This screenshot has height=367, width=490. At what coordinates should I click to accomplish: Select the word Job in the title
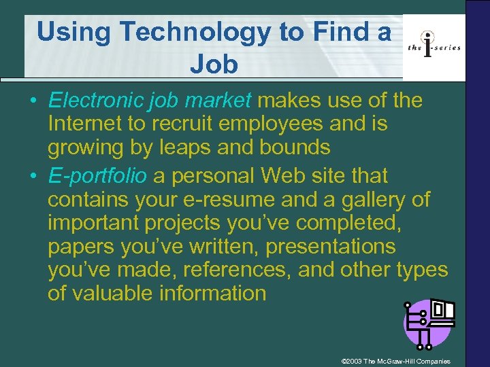point(214,64)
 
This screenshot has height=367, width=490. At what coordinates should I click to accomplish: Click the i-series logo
point(434,46)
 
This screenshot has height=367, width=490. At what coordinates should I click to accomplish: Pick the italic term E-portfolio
point(97,176)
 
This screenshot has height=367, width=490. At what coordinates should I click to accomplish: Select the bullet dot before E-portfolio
point(32,176)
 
